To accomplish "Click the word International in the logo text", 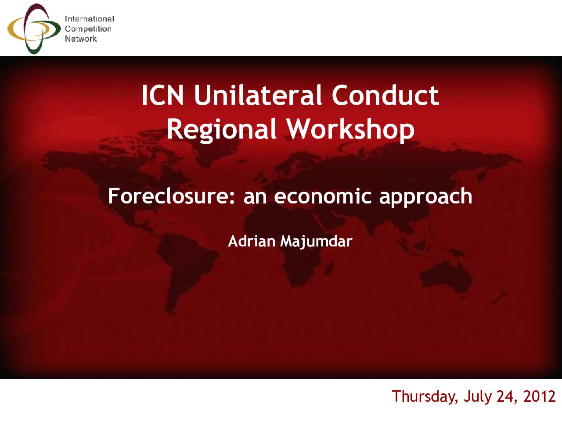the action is (x=90, y=19).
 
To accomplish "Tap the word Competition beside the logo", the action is (x=88, y=29).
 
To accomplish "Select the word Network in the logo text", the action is (x=81, y=39).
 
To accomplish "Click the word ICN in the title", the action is (x=162, y=95).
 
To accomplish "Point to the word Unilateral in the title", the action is (x=258, y=95).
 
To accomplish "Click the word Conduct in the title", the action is (x=385, y=95).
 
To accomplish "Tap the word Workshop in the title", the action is (x=350, y=130).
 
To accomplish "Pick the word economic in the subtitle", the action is (x=323, y=196).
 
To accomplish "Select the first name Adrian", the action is (x=252, y=241).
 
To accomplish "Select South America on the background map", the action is (x=184, y=271).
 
